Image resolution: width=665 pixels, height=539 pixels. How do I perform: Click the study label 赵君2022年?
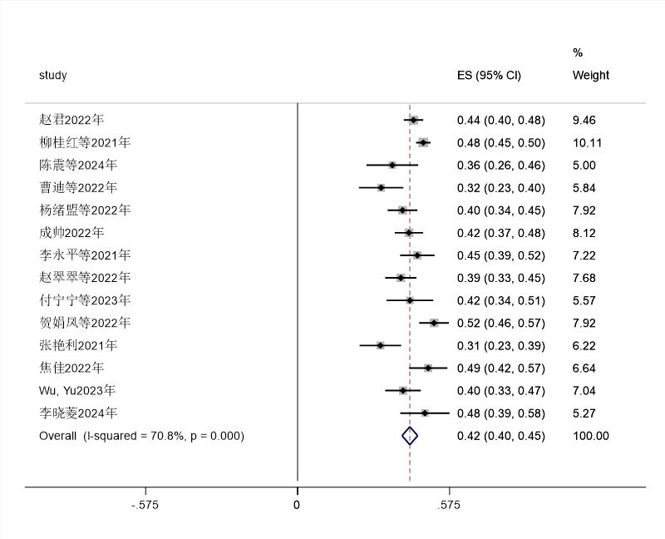pos(71,120)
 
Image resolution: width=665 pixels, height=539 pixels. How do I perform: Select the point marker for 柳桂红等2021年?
pos(423,143)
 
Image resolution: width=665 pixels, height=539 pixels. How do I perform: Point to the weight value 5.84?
pos(584,188)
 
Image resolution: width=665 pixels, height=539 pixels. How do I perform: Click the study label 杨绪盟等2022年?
pos(85,210)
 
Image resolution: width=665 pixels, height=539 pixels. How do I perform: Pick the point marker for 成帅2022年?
pos(408,233)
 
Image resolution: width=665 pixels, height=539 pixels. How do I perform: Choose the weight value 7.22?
pos(584,255)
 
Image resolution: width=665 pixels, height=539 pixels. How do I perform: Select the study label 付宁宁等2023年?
pos(85,300)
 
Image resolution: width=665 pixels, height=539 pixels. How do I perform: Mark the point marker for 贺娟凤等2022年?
pos(434,323)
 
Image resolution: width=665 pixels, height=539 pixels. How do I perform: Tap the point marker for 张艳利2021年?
pos(380,345)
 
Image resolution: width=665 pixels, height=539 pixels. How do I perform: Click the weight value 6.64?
pos(584,368)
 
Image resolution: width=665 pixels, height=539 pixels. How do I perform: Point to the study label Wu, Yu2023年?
pos(77,390)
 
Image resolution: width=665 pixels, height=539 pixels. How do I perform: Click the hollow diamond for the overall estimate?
pos(409,435)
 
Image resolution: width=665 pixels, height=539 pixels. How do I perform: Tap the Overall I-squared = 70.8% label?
pos(141,435)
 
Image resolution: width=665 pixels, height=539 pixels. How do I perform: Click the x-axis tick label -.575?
pos(145,504)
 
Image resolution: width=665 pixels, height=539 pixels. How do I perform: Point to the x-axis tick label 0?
pos(298,504)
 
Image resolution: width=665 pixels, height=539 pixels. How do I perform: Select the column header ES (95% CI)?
pos(489,75)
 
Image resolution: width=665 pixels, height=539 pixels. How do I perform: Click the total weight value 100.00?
pos(590,435)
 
